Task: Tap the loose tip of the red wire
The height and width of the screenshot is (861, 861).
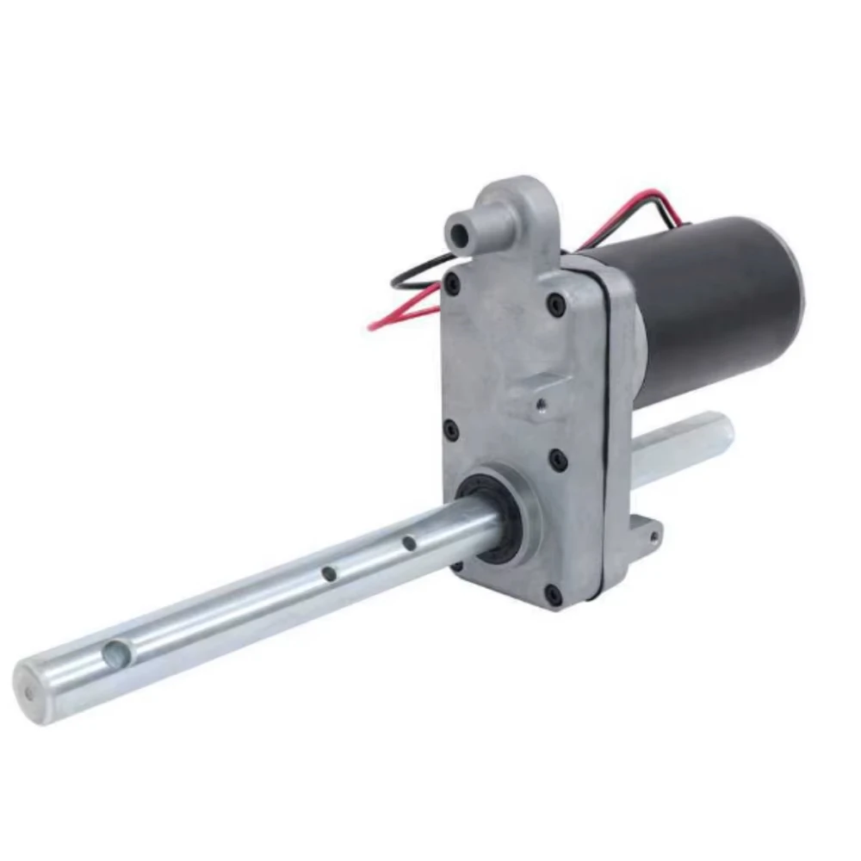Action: (x=372, y=326)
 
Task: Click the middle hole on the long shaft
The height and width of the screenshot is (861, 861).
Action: (x=329, y=573)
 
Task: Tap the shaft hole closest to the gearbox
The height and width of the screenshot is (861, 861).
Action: (x=409, y=543)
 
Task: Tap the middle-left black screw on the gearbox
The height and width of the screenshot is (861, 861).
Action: (x=450, y=429)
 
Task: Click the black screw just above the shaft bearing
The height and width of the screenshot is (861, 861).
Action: (x=558, y=459)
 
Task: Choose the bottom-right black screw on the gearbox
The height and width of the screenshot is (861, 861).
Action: (x=553, y=594)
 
